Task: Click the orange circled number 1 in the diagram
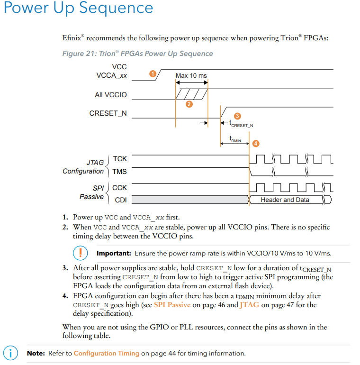coord(153,74)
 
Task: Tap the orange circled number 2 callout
coord(189,104)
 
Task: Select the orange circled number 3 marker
coord(237,116)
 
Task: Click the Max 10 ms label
coord(191,75)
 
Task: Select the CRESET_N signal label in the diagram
coord(108,113)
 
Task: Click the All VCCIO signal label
coord(111,95)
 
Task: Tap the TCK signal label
coord(120,158)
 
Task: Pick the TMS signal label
coord(119,172)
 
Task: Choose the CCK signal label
coord(119,188)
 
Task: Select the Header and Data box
coord(285,200)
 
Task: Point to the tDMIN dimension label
coord(235,139)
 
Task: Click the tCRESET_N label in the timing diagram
coord(241,124)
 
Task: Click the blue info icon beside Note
coord(10,353)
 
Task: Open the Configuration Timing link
coord(107,353)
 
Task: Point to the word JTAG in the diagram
coord(95,162)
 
